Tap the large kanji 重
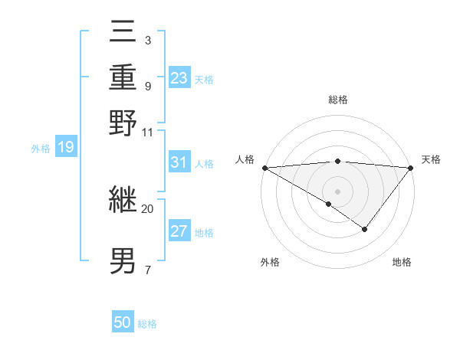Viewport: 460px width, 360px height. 123,78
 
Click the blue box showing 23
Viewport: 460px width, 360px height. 179,78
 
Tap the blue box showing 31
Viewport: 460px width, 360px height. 179,162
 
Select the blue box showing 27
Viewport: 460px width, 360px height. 179,231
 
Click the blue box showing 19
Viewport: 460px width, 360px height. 65,147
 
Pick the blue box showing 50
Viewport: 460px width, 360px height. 123,322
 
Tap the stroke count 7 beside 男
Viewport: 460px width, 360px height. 147,269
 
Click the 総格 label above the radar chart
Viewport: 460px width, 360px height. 337,100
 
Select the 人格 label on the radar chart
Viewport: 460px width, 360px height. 245,159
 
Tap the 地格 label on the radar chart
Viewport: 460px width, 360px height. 402,262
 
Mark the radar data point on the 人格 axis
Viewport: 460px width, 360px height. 264,167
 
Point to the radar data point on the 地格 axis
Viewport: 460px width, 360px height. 365,229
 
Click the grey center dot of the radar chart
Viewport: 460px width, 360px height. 337,191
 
